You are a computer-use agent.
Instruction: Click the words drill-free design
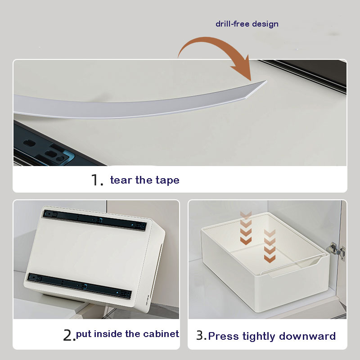coord(247,24)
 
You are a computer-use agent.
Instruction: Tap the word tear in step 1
coord(121,180)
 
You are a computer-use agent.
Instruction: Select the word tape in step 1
coord(167,180)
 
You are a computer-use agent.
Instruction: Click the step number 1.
coord(97,180)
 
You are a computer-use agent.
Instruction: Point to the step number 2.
coord(69,335)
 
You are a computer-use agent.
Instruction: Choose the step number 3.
coord(201,335)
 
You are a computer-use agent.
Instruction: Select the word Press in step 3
coord(220,336)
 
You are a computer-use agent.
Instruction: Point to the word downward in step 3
coord(307,336)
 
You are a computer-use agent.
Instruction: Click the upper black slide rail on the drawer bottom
coord(94,220)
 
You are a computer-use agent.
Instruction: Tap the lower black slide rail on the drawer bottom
coord(80,286)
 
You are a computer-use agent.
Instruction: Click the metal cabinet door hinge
coord(336,251)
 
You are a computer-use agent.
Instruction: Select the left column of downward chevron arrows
coord(246,228)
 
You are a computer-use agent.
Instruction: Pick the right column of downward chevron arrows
coord(270,246)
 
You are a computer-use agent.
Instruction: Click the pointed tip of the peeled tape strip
coord(266,81)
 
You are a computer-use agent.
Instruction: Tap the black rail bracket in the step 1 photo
coord(46,147)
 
